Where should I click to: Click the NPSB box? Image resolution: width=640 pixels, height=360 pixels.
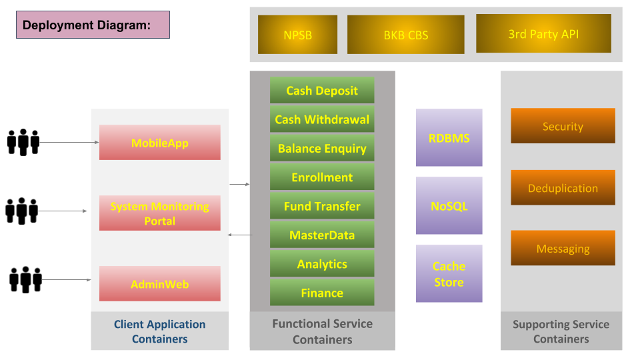point(297,35)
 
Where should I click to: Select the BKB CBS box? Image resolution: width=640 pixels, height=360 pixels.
point(406,35)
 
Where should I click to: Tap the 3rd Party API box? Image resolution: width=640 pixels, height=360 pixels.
point(544,33)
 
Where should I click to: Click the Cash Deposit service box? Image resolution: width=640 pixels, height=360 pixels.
point(322,90)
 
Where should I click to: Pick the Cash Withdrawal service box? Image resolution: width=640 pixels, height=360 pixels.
point(322,119)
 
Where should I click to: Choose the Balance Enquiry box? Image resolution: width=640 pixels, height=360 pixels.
point(322,148)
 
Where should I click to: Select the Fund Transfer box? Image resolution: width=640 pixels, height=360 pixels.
point(322,206)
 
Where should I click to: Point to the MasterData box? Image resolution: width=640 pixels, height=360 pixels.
point(322,235)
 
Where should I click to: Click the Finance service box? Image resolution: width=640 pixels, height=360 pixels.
point(322,293)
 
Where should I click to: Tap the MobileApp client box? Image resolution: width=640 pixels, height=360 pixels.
point(159,143)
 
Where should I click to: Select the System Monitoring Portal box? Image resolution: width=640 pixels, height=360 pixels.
point(159,213)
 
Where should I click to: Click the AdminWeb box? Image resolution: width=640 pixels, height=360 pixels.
point(159,284)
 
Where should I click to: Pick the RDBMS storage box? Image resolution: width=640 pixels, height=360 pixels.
point(449,137)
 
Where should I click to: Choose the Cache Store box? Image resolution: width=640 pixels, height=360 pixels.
point(449,273)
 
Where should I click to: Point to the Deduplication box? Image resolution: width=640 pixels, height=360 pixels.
point(563,188)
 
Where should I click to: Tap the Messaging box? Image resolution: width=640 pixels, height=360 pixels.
point(563,248)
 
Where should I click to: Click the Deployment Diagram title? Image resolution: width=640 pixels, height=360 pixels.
point(93,25)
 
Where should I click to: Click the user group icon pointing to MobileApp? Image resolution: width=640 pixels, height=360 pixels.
point(23,142)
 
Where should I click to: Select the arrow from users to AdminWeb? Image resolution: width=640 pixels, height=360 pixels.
point(67,280)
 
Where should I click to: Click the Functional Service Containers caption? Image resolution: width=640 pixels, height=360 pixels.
point(323,331)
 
